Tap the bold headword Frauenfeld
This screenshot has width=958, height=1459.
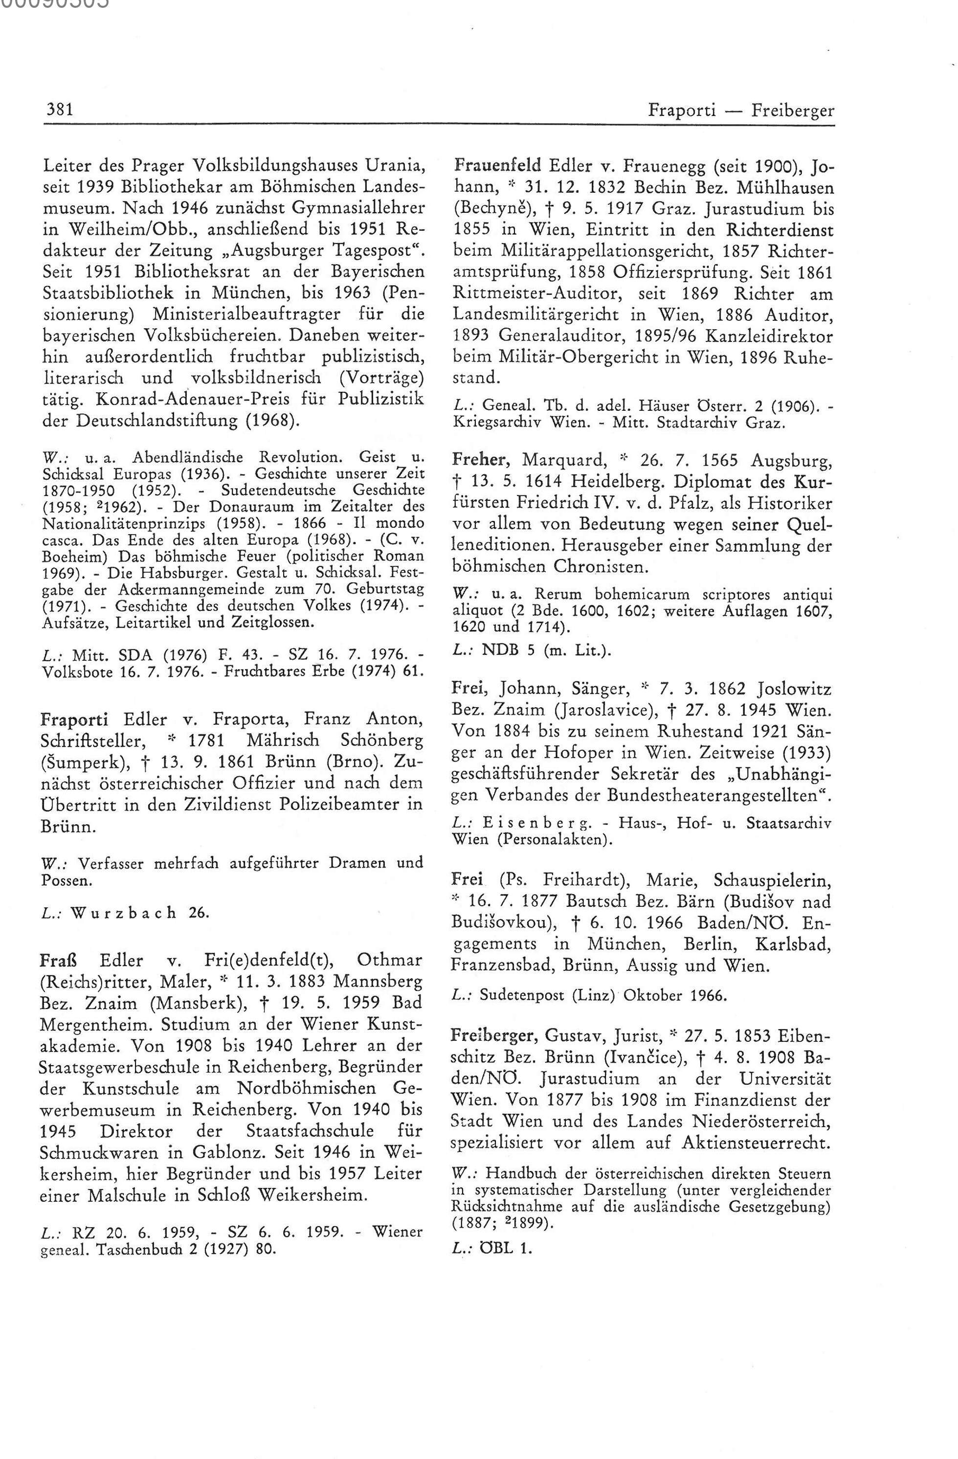click(496, 165)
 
